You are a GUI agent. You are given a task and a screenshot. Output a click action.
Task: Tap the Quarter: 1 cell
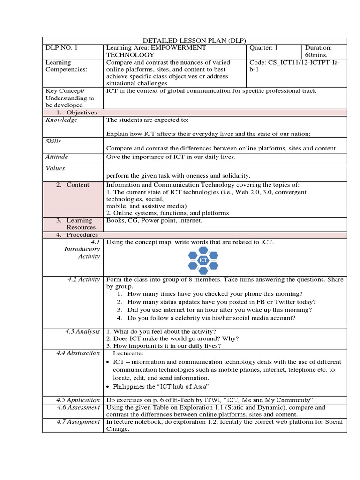[x=264, y=48]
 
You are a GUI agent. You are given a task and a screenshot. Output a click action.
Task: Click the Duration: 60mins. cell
[x=319, y=51]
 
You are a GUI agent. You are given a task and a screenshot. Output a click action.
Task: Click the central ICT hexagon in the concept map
[x=203, y=260]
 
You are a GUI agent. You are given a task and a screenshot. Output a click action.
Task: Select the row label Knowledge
[x=61, y=120]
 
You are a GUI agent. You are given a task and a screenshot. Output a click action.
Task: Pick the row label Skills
[x=53, y=141]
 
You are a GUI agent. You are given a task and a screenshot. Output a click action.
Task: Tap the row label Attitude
[x=56, y=157]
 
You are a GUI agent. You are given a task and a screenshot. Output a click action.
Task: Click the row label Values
[x=55, y=168]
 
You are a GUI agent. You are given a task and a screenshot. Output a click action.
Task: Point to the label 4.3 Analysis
[x=82, y=331]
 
